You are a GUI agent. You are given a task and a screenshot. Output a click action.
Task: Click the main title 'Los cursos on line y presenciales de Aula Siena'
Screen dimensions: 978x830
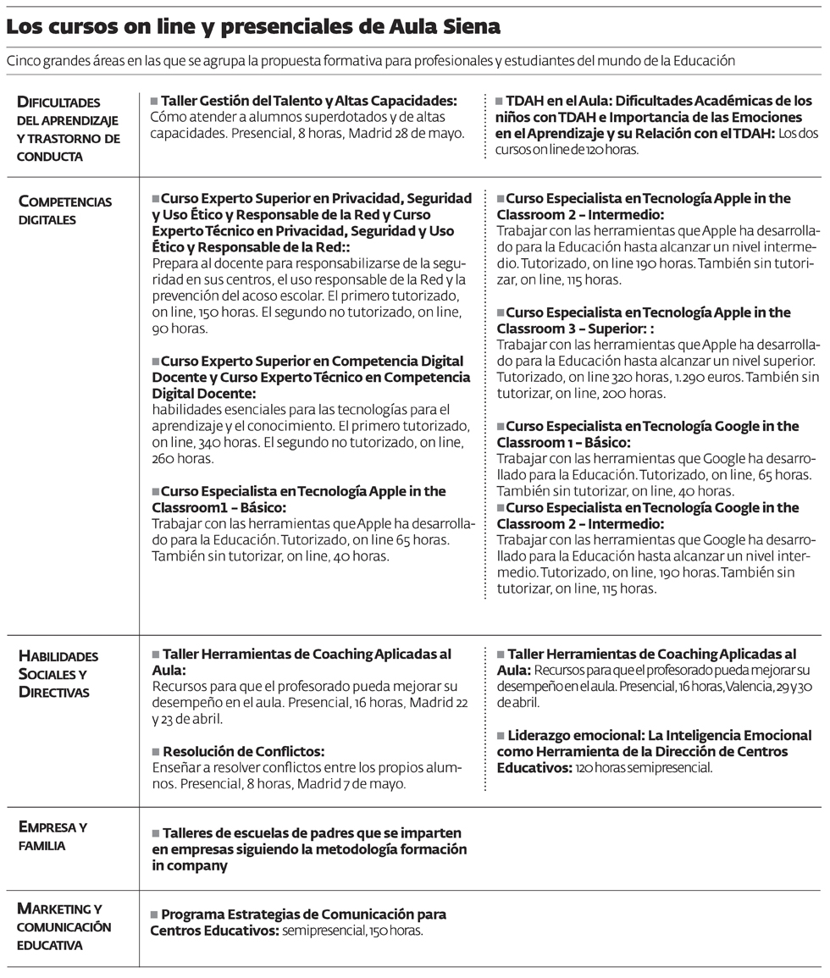253,27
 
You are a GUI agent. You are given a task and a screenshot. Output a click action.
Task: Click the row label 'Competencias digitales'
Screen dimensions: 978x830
64,210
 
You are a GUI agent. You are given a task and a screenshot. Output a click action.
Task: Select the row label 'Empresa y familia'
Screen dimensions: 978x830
53,836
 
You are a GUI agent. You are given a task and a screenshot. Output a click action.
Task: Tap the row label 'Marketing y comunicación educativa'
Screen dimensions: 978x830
64,926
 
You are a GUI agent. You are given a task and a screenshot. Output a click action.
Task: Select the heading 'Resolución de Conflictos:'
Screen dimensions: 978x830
242,751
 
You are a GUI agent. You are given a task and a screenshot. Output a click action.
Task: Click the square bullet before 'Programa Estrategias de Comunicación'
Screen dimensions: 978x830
154,914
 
